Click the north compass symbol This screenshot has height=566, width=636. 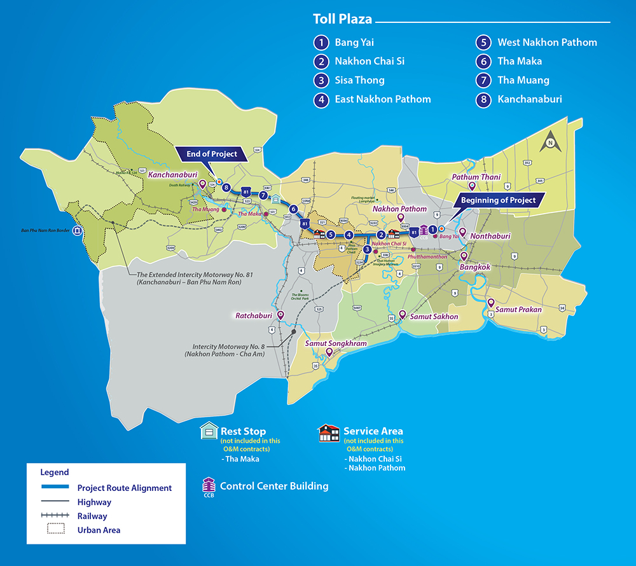(x=550, y=143)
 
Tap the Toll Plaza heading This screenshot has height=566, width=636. (x=342, y=19)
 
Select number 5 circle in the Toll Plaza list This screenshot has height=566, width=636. (x=483, y=43)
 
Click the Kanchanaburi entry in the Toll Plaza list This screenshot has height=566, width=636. (x=529, y=99)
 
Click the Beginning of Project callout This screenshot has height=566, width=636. (x=498, y=200)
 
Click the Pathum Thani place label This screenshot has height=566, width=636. (x=476, y=177)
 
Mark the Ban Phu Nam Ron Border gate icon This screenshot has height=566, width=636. (x=78, y=231)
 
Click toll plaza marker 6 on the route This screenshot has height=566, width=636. (x=293, y=209)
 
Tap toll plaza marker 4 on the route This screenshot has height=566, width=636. (x=349, y=235)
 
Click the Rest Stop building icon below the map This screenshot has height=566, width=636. (x=209, y=431)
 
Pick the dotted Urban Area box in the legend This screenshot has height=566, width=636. (x=56, y=529)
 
